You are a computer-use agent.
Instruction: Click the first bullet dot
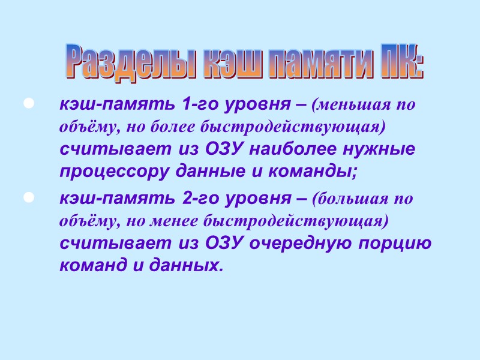point(26,105)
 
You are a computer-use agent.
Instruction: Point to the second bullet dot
point(26,196)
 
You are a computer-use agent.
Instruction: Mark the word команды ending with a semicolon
point(312,172)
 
